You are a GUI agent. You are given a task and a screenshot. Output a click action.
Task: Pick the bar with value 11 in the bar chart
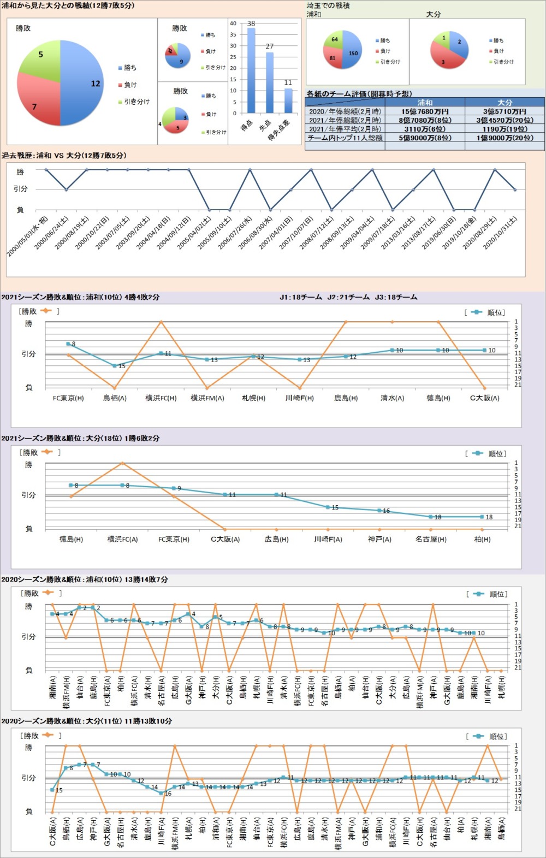coord(288,100)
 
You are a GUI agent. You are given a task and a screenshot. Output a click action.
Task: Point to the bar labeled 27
coord(269,82)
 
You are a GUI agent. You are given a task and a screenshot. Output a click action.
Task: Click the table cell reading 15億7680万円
coord(425,111)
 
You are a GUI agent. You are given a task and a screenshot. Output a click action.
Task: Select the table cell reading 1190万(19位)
coord(505,129)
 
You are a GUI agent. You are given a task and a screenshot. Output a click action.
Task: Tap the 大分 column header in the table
coord(505,102)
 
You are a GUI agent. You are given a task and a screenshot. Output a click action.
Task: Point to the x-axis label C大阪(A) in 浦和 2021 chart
coord(484,398)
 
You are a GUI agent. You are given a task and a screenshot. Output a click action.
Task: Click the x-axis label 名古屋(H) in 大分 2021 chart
coord(431,539)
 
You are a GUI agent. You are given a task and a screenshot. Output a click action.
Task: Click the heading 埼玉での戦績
coord(328,5)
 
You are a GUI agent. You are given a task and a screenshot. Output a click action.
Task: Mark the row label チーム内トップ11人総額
coord(345,138)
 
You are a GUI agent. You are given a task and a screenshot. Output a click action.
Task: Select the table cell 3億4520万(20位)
coord(505,120)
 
